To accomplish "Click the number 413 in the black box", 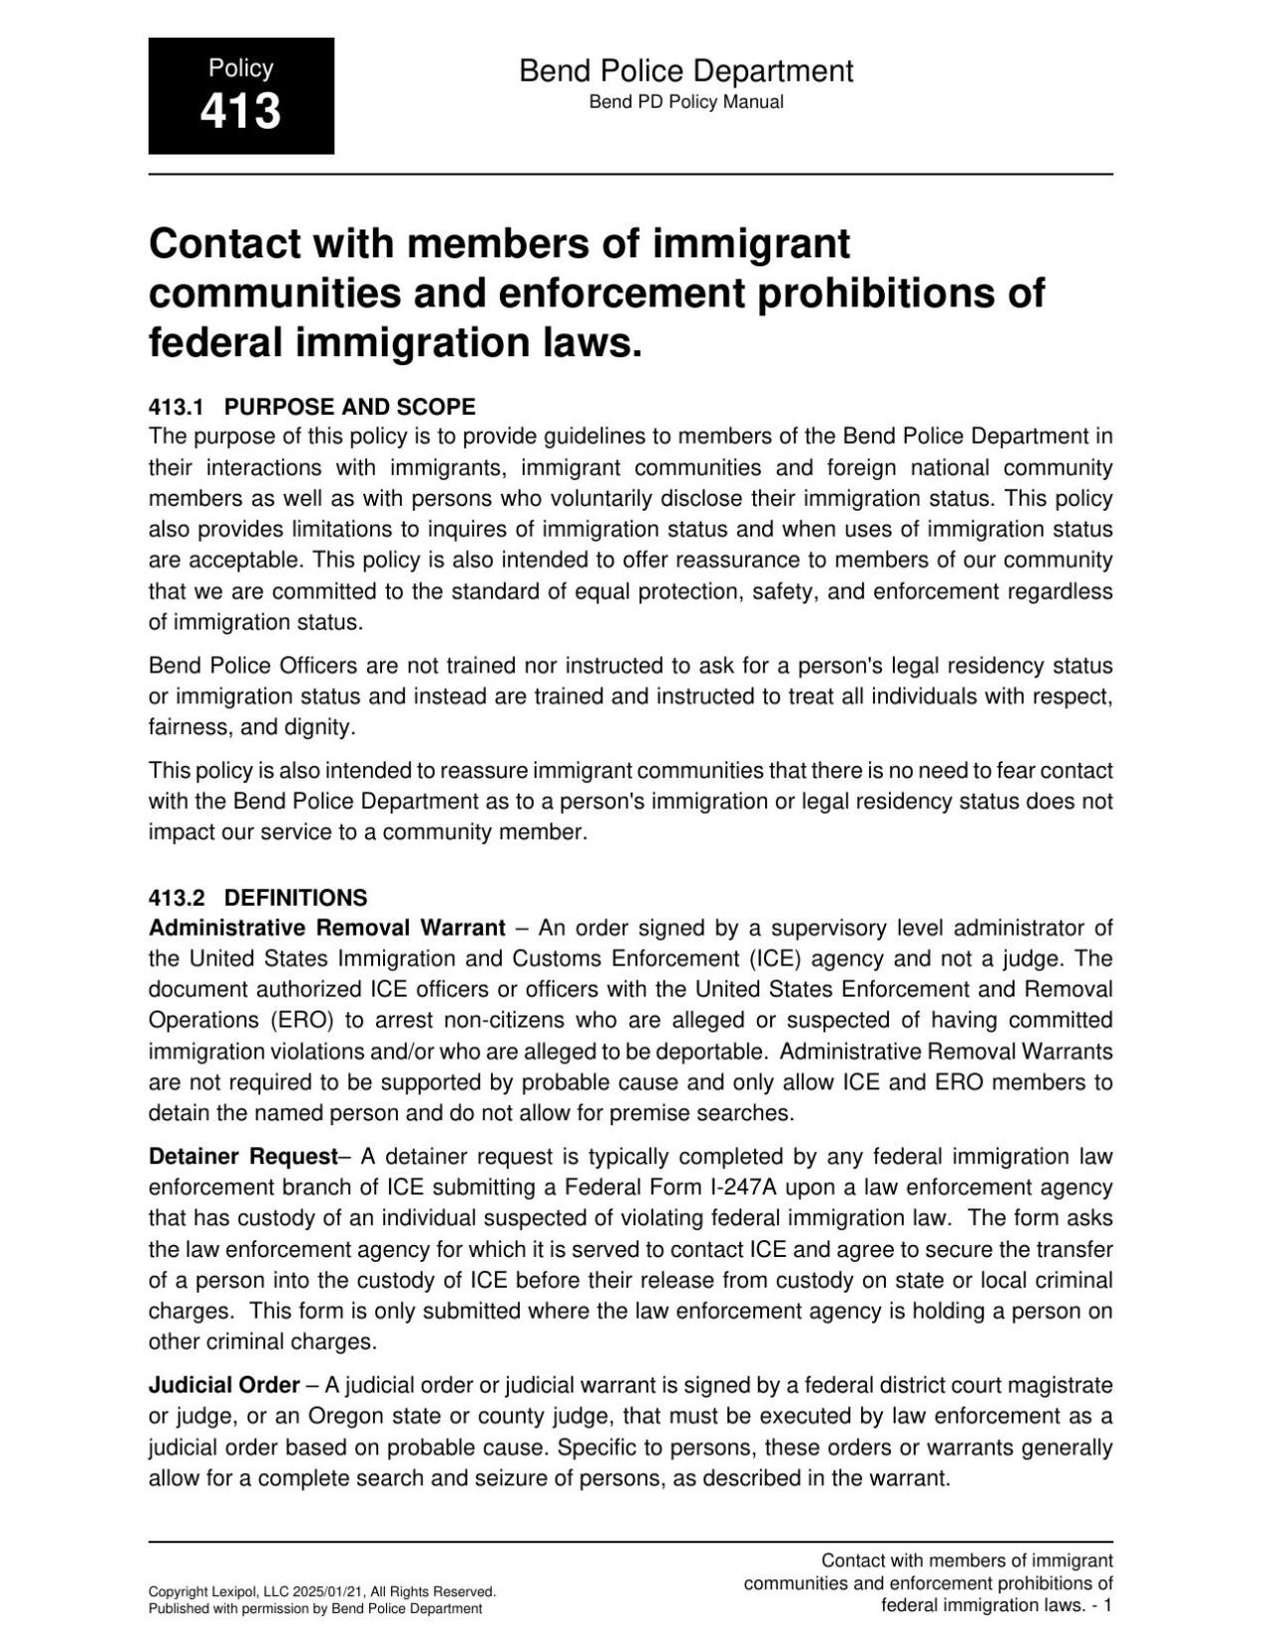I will tap(240, 111).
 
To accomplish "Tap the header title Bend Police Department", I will tap(685, 71).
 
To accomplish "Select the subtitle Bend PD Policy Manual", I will tap(685, 102).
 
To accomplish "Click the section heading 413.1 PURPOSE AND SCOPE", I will tap(311, 407).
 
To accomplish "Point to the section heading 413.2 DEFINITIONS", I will tap(257, 898).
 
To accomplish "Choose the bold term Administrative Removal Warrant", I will tap(327, 928).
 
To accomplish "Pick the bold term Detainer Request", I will tap(243, 1156).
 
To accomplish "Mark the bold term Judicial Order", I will tap(224, 1385).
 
